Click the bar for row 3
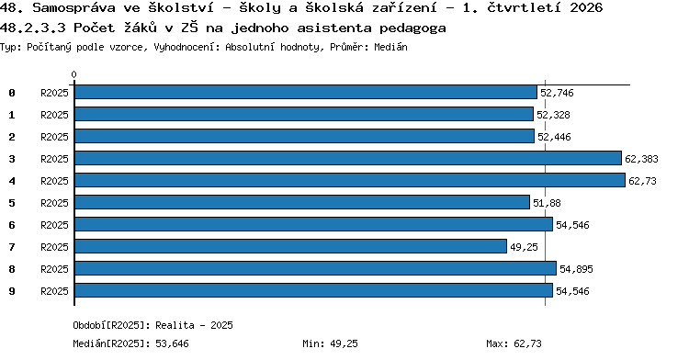348,158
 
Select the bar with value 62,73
350,180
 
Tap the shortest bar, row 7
290,246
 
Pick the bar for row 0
306,92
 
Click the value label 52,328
553,115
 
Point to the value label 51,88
547,203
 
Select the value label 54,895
576,269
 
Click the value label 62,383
641,159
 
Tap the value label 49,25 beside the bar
524,247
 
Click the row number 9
12,291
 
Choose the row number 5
12,203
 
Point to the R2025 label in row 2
54,137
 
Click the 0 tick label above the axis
73,74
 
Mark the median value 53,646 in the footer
173,343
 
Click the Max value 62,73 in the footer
527,343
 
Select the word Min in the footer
311,343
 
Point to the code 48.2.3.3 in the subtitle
33,28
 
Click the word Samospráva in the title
73,8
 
